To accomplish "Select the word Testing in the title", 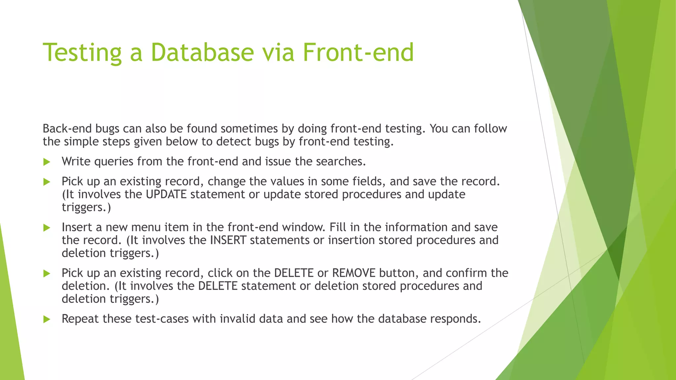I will [82, 53].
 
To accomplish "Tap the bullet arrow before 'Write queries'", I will [47, 162].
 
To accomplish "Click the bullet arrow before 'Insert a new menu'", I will [47, 228].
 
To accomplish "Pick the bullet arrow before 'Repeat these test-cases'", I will [47, 319].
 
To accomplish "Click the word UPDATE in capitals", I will [166, 194].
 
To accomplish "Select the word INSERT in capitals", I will [228, 240].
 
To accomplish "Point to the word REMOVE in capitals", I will [354, 273].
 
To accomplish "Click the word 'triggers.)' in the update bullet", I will [86, 207].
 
